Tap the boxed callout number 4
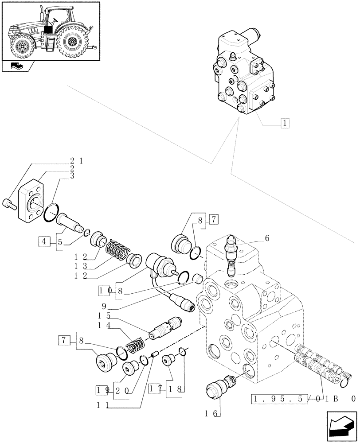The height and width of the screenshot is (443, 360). [44, 242]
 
